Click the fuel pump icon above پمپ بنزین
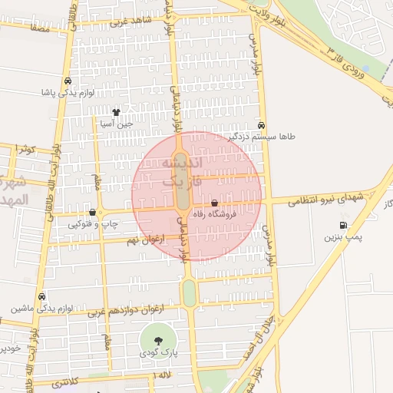point(342,226)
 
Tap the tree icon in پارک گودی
point(157,340)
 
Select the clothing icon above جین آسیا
point(117,112)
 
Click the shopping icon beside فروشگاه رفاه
point(214,203)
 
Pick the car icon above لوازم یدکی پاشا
point(68,81)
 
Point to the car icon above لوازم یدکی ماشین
point(41,296)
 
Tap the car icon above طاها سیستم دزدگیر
point(262,125)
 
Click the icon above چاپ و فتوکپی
point(93,213)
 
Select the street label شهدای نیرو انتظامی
point(325,199)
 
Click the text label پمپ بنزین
point(341,238)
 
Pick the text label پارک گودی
point(158,353)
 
